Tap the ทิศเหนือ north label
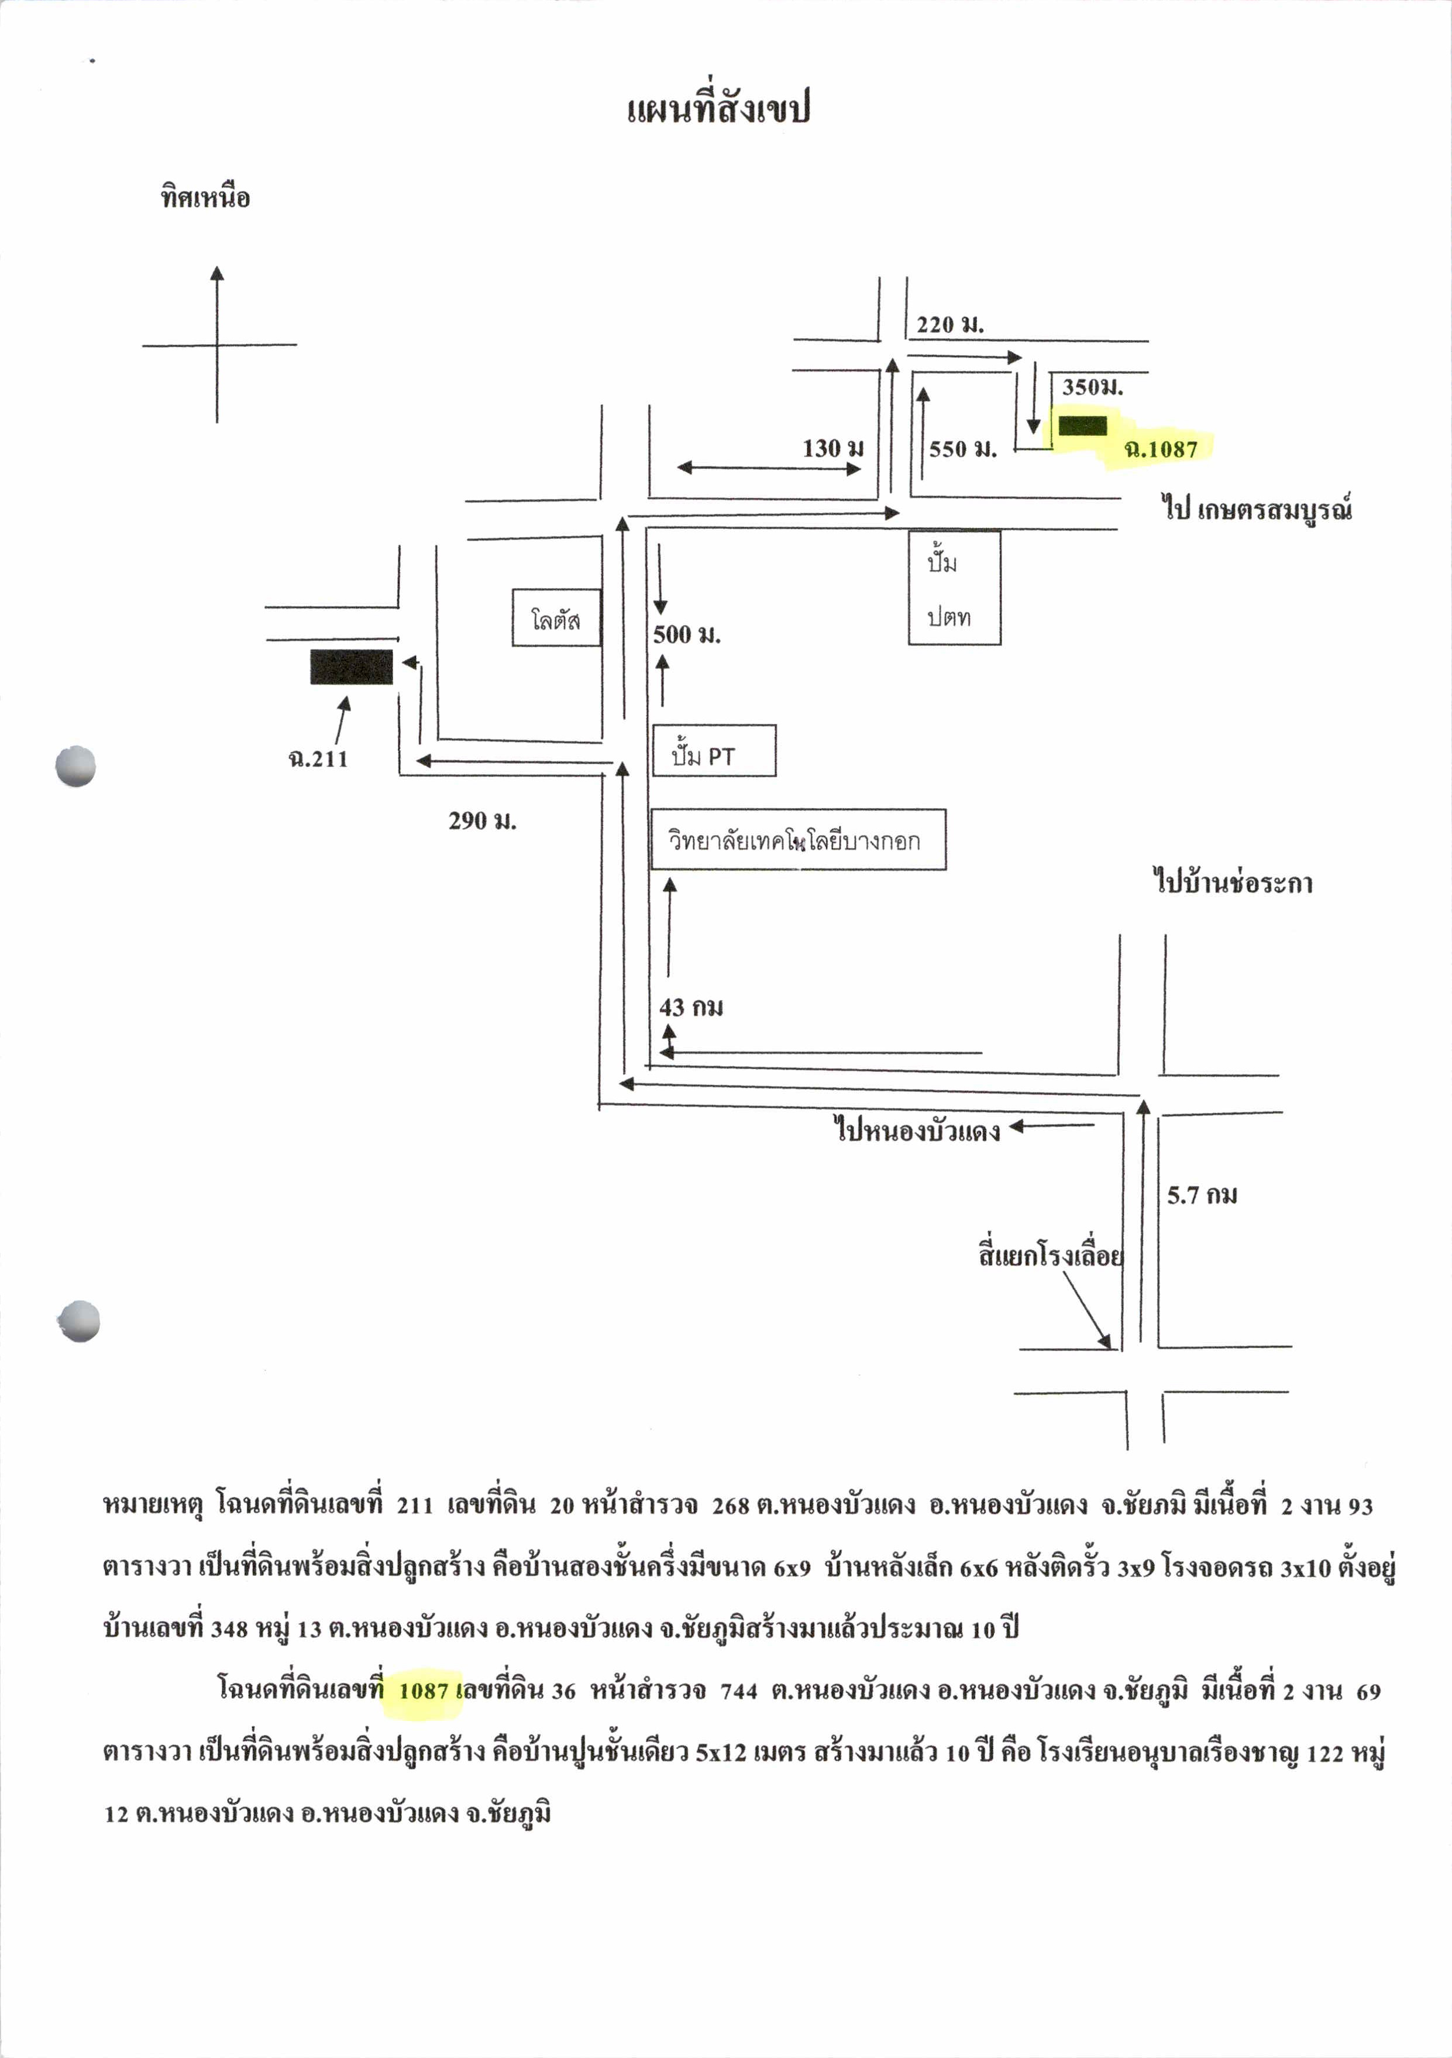pyautogui.click(x=205, y=196)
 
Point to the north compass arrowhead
pyautogui.click(x=217, y=273)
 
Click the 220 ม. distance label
pyautogui.click(x=949, y=325)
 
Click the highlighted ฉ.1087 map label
pyautogui.click(x=1161, y=448)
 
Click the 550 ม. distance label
pyautogui.click(x=962, y=448)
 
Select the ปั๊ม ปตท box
pyautogui.click(x=955, y=588)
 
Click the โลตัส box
pyautogui.click(x=556, y=617)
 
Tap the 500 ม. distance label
pyautogui.click(x=687, y=635)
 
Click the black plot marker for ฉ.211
pyautogui.click(x=352, y=667)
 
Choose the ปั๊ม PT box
pyautogui.click(x=714, y=750)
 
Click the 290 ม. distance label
pyautogui.click(x=482, y=820)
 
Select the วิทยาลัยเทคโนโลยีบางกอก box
pyautogui.click(x=798, y=840)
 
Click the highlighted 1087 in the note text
pyautogui.click(x=423, y=1691)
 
